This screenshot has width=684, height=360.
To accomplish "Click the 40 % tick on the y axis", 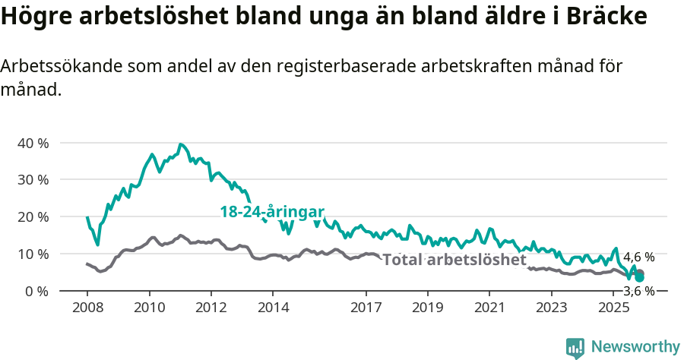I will click(33, 143).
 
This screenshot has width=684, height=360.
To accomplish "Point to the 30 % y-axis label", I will click(33, 180).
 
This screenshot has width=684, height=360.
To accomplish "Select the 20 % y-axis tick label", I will click(33, 216).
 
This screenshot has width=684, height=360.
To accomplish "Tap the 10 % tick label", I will click(33, 254).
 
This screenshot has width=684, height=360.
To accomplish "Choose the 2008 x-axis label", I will click(87, 308).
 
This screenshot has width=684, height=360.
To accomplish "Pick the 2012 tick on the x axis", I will click(211, 308).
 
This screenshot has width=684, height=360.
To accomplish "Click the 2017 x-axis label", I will click(366, 308).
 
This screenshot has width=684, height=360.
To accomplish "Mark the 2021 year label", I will click(489, 308).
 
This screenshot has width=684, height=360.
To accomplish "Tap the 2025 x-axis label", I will click(613, 308).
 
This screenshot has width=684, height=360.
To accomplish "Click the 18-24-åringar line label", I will click(272, 212).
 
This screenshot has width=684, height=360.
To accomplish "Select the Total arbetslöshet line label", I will click(454, 261).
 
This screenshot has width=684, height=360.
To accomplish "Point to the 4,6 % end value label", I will click(638, 257).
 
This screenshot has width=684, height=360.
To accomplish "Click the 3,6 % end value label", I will click(638, 291).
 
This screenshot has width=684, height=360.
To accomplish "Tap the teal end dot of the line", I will click(640, 278).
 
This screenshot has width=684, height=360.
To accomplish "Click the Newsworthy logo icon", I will click(575, 348).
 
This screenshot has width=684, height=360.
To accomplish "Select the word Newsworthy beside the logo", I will click(635, 347).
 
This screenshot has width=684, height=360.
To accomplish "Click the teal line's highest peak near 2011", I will click(180, 144).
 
